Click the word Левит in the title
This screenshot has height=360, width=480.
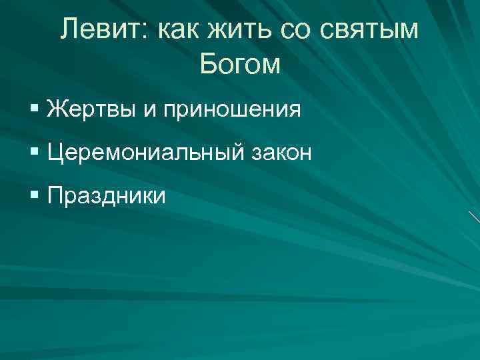click(99, 29)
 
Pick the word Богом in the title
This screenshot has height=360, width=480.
click(240, 64)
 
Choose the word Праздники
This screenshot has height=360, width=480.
click(107, 197)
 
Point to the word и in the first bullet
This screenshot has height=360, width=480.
click(148, 111)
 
